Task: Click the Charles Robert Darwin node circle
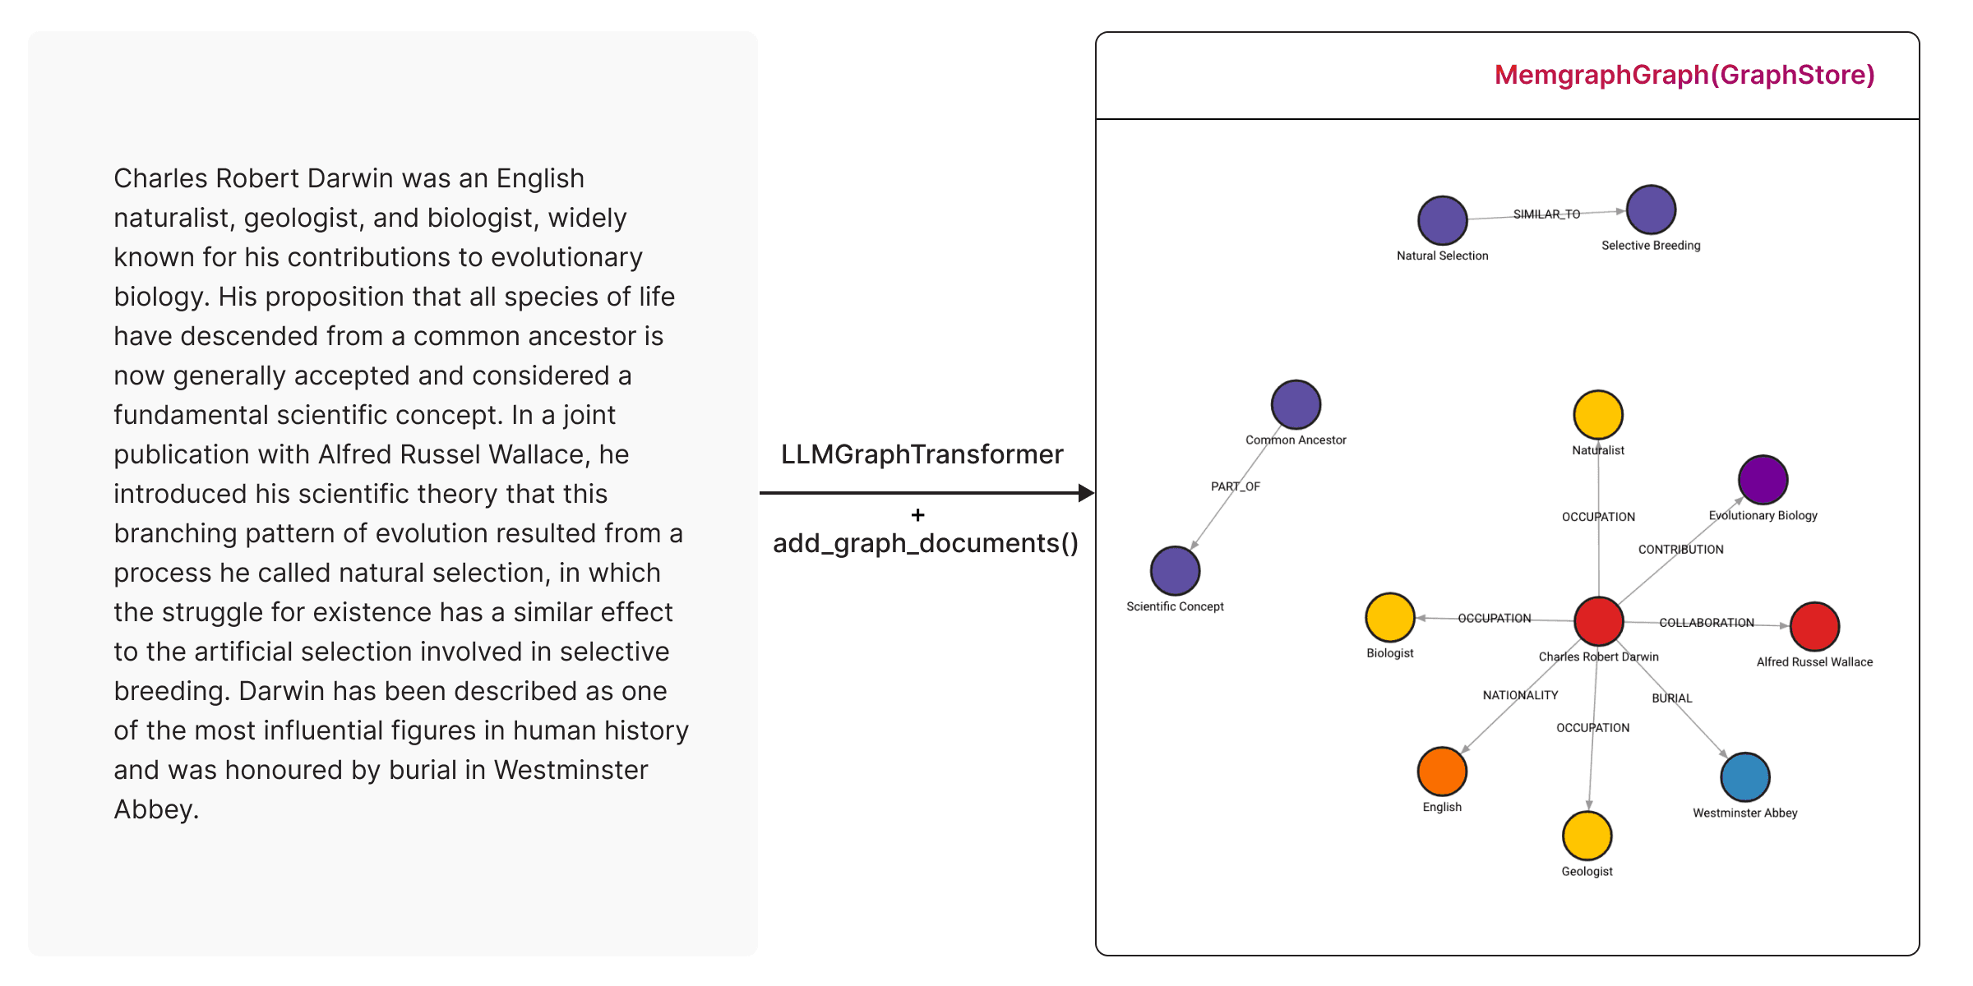(1598, 621)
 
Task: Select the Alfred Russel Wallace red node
(1814, 627)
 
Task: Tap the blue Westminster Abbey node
(1744, 777)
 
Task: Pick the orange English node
(1442, 772)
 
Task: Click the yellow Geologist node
(1587, 836)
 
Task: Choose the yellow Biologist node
(1389, 617)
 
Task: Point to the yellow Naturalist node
(1597, 415)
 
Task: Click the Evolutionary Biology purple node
(1763, 480)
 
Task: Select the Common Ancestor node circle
(1296, 405)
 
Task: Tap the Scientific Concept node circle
(1175, 571)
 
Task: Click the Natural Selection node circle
(1442, 220)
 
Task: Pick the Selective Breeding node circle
(1651, 210)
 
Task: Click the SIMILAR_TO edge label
(1546, 214)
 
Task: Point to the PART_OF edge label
(1235, 486)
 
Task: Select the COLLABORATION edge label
(1706, 623)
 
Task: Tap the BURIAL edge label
(1671, 698)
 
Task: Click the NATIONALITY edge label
(1520, 695)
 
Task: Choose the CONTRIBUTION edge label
(1680, 550)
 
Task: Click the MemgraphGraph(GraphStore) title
(1684, 75)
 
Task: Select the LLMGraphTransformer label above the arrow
(922, 454)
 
